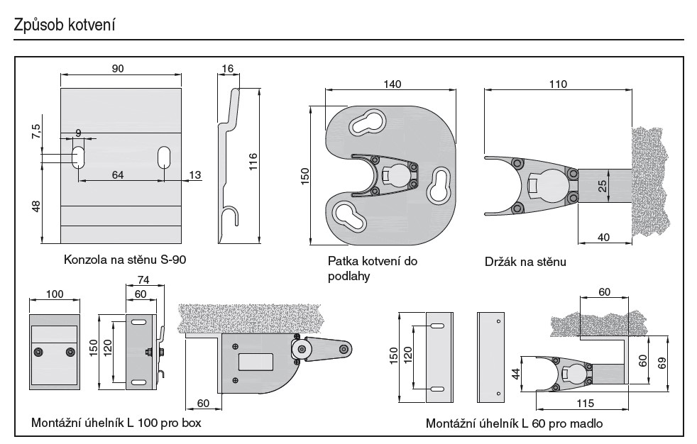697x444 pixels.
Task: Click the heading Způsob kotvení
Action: pyautogui.click(x=65, y=25)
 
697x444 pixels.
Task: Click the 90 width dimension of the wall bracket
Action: pyautogui.click(x=119, y=68)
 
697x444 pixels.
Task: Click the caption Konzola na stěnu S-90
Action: pyautogui.click(x=125, y=259)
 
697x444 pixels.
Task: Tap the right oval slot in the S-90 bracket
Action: pyautogui.click(x=164, y=157)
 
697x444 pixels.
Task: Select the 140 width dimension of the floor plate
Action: pyautogui.click(x=392, y=84)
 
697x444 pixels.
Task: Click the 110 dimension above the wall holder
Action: pyautogui.click(x=558, y=84)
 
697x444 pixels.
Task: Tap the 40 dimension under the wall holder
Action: pyautogui.click(x=604, y=237)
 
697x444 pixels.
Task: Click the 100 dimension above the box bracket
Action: pyautogui.click(x=54, y=294)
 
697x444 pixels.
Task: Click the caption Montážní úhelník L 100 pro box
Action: pyautogui.click(x=116, y=423)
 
